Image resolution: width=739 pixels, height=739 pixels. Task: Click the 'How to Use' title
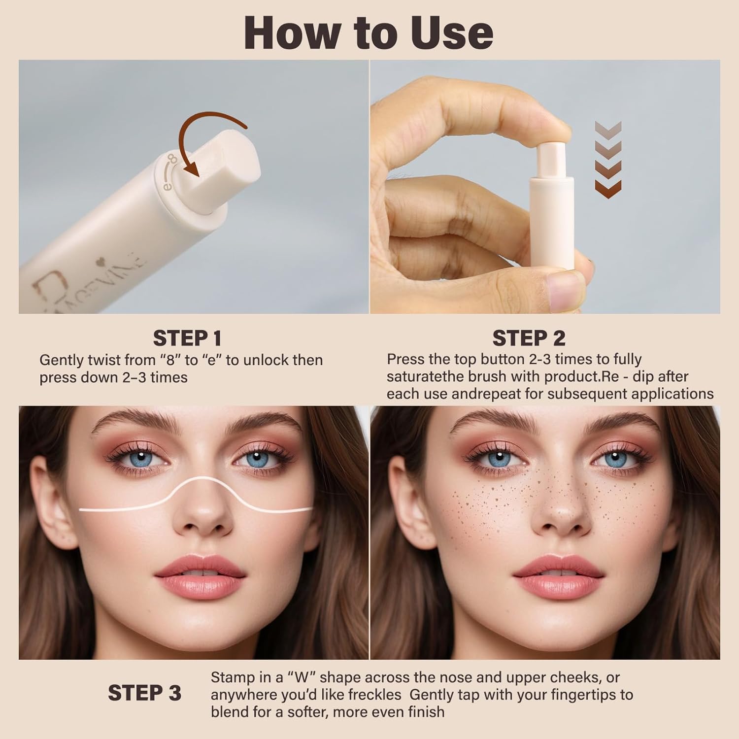pyautogui.click(x=369, y=33)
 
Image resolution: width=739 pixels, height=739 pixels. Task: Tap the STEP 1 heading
pyautogui.click(x=187, y=338)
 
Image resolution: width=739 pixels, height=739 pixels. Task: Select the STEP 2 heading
pyautogui.click(x=529, y=338)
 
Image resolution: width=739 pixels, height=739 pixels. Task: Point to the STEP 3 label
pyautogui.click(x=145, y=693)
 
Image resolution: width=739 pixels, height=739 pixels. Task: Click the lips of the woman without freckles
pyautogui.click(x=199, y=574)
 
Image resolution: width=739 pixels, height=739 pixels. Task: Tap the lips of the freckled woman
pyautogui.click(x=558, y=574)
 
